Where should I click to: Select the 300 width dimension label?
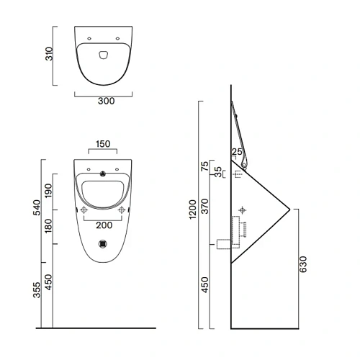105,102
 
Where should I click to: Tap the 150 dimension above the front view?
103,144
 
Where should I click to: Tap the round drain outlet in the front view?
104,243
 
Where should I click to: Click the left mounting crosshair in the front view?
84,210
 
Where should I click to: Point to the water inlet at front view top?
104,173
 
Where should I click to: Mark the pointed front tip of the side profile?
289,210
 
